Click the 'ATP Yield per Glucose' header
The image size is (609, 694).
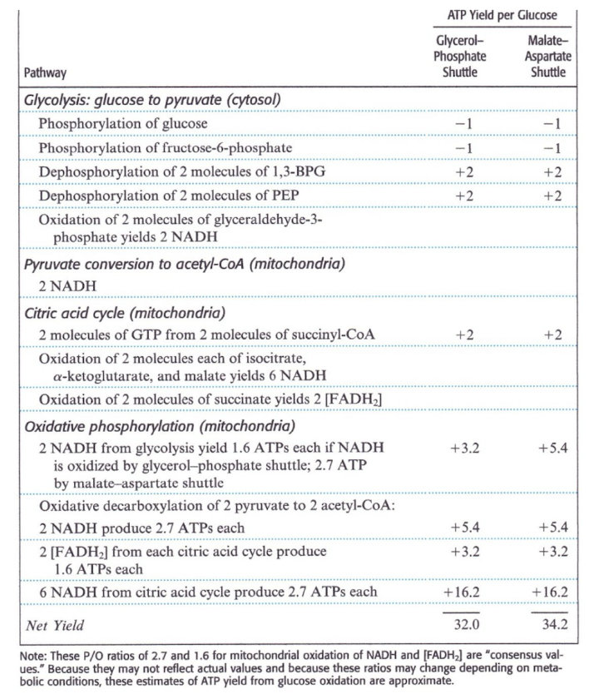pyautogui.click(x=503, y=15)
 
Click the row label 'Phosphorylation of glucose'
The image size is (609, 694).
pyautogui.click(x=123, y=124)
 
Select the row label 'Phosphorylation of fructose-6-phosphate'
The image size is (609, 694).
pyautogui.click(x=166, y=148)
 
